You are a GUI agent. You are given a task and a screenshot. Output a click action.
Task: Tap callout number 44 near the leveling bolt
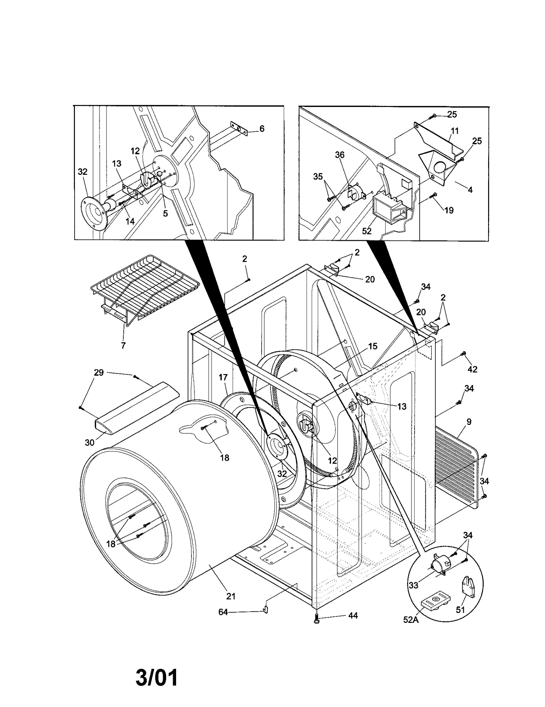353,616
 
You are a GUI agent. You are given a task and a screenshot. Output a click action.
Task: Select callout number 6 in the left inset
262,128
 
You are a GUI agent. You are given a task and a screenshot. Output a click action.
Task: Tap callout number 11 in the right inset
454,131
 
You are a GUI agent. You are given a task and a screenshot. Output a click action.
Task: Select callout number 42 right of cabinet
472,369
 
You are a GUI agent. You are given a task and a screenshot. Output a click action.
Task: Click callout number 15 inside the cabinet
373,346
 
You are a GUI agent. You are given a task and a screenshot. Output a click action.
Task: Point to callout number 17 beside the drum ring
223,377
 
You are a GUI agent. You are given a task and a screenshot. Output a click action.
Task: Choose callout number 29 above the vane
99,372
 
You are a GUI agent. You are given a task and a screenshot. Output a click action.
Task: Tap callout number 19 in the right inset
449,210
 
